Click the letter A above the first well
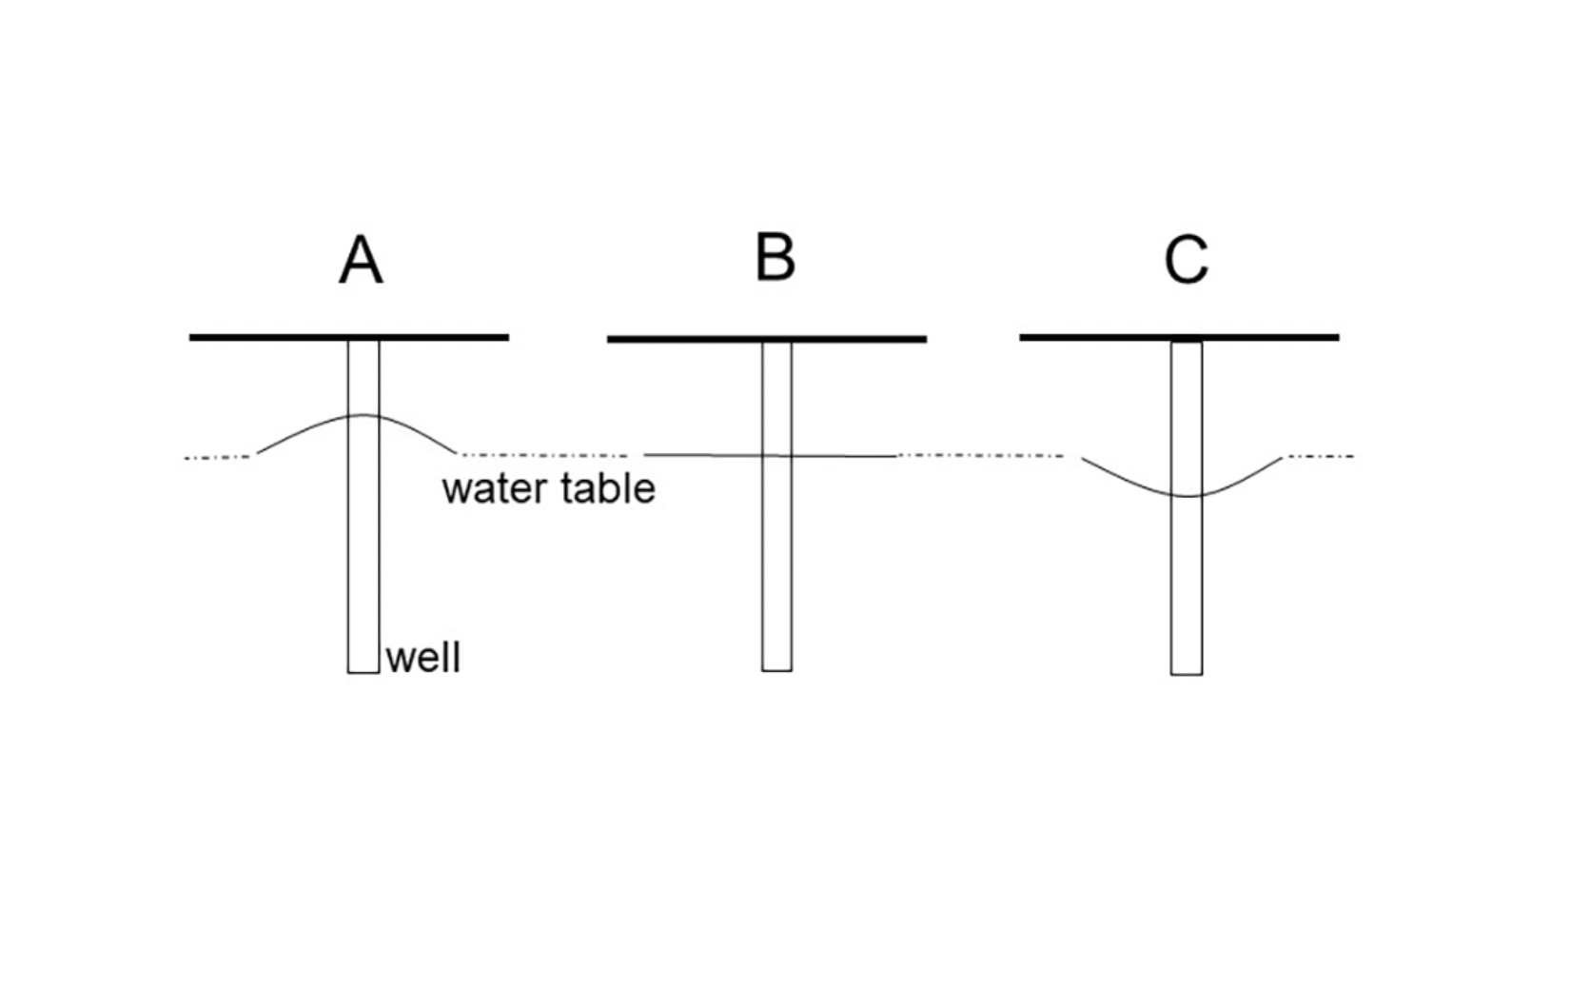point(361,260)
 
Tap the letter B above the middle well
point(775,258)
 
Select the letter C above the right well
point(1186,260)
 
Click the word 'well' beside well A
point(423,658)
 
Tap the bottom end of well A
point(363,671)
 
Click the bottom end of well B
point(776,669)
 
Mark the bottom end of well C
point(1186,673)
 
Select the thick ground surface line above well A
point(266,337)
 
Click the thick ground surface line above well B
point(685,339)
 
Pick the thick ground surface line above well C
point(1094,337)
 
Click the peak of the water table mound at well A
point(363,415)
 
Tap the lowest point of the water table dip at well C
point(1186,496)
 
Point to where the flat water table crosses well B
point(776,456)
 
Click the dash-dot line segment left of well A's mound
point(218,458)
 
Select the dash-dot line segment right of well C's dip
point(1320,457)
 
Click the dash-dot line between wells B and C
point(980,456)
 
